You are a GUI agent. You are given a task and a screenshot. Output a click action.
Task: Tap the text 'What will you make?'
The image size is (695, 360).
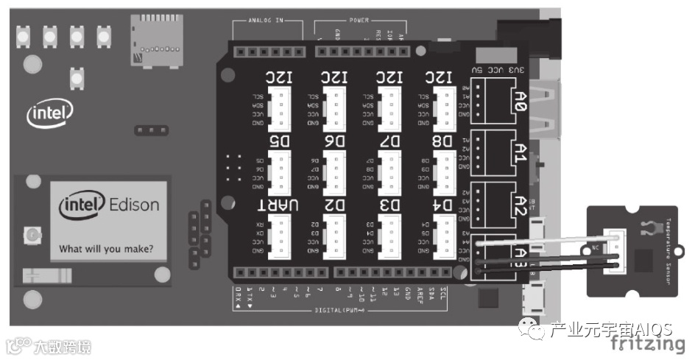(x=106, y=248)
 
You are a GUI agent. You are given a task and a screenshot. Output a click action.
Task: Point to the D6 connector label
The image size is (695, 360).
(x=334, y=141)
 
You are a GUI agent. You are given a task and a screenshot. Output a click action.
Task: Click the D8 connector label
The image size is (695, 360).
(x=445, y=141)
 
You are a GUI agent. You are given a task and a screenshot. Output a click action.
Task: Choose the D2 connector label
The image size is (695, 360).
(x=334, y=203)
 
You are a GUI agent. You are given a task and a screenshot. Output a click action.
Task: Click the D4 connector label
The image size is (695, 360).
(x=445, y=203)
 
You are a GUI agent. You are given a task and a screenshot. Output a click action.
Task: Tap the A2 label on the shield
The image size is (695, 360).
(x=519, y=203)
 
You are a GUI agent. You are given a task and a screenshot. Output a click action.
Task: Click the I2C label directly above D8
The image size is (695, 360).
(x=440, y=77)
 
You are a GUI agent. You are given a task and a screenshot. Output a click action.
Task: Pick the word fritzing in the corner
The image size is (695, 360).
(x=647, y=344)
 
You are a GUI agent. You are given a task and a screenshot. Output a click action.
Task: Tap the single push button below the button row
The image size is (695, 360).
(x=77, y=75)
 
